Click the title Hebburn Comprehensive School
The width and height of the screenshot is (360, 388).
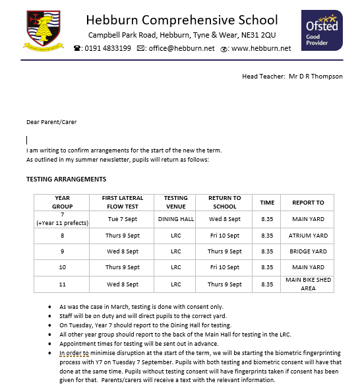[x=182, y=19]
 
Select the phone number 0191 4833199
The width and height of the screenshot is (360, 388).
[x=107, y=48]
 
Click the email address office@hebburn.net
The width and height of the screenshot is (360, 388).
[x=181, y=48]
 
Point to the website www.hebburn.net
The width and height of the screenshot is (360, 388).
[x=262, y=48]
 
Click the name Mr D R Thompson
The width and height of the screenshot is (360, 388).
[x=316, y=77]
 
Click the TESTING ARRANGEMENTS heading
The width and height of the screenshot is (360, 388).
[x=66, y=179]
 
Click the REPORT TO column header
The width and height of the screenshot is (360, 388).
[x=308, y=202]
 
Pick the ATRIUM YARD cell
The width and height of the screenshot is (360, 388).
[x=308, y=235]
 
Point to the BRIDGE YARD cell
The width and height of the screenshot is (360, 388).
[x=308, y=251]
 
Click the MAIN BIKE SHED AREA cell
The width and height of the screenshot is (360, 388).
[x=308, y=284]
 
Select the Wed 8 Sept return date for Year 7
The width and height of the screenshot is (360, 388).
[x=225, y=218]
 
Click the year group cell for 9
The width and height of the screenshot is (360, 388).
[x=62, y=251]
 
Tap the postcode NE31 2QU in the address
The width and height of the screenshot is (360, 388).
[x=259, y=34]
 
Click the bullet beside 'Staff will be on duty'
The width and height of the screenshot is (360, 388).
[x=51, y=317]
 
